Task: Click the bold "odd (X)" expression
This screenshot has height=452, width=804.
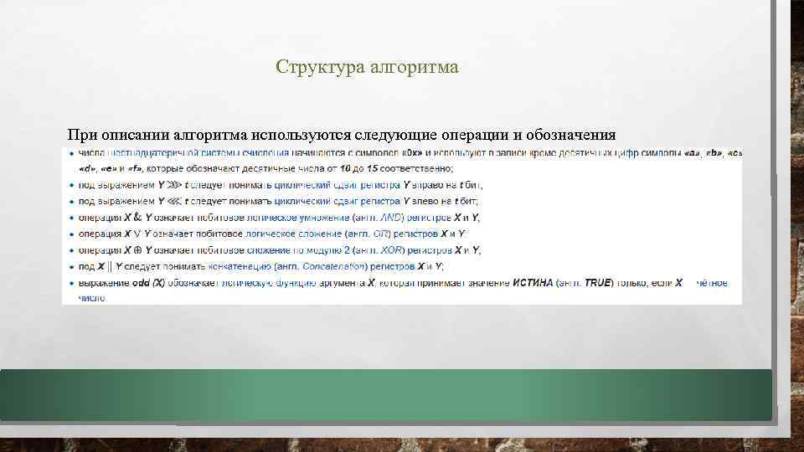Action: click(x=146, y=283)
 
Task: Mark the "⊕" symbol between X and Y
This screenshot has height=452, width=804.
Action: click(x=137, y=250)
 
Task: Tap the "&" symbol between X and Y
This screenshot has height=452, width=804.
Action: click(x=137, y=218)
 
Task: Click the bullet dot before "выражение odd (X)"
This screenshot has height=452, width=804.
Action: click(x=70, y=283)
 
